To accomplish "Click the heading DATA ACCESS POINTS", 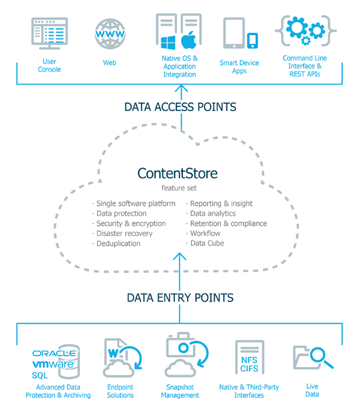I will [x=180, y=107].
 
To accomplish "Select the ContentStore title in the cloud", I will [x=177, y=173].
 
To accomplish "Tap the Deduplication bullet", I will [x=118, y=243].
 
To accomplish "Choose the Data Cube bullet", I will [x=206, y=243].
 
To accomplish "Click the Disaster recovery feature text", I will [x=124, y=233].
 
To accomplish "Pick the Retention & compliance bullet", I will [x=228, y=223].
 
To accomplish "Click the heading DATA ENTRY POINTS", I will [x=180, y=297].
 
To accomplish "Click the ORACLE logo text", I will [x=55, y=353].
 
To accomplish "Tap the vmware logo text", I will [x=53, y=364].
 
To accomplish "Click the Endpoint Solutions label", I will [x=120, y=391].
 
